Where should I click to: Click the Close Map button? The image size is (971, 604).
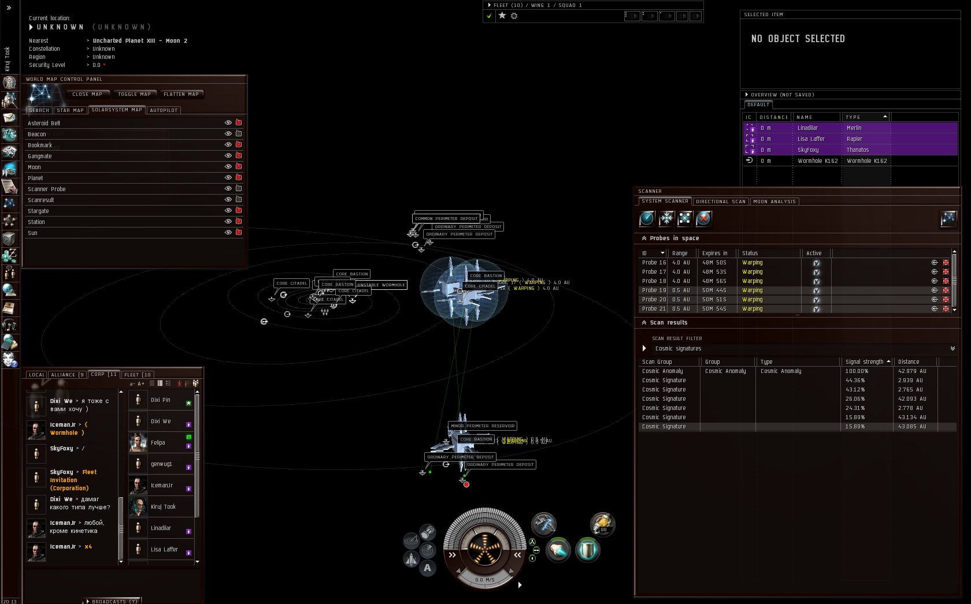(87, 94)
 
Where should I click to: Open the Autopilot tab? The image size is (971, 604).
(164, 110)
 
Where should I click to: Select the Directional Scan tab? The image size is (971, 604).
(720, 202)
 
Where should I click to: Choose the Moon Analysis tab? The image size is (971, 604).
(774, 202)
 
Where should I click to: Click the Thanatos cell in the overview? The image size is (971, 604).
(858, 150)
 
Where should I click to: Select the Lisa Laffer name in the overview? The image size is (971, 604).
(811, 139)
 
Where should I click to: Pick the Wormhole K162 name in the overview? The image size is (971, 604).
(817, 161)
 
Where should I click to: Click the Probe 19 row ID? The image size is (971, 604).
(654, 290)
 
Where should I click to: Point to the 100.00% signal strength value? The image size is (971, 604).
(857, 371)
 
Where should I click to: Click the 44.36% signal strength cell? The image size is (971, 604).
(855, 381)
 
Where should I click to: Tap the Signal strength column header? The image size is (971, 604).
(865, 362)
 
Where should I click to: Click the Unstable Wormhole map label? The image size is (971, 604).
(381, 285)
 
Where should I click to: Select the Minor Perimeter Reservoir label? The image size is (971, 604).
(483, 426)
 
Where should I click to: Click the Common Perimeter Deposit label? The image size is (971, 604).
(446, 219)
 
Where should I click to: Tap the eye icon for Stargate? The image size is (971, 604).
(228, 211)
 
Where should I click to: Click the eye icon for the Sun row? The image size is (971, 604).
(228, 233)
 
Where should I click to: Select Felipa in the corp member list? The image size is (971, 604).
(158, 443)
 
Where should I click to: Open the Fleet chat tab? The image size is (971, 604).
(138, 375)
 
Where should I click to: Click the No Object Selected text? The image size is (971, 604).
(798, 39)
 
